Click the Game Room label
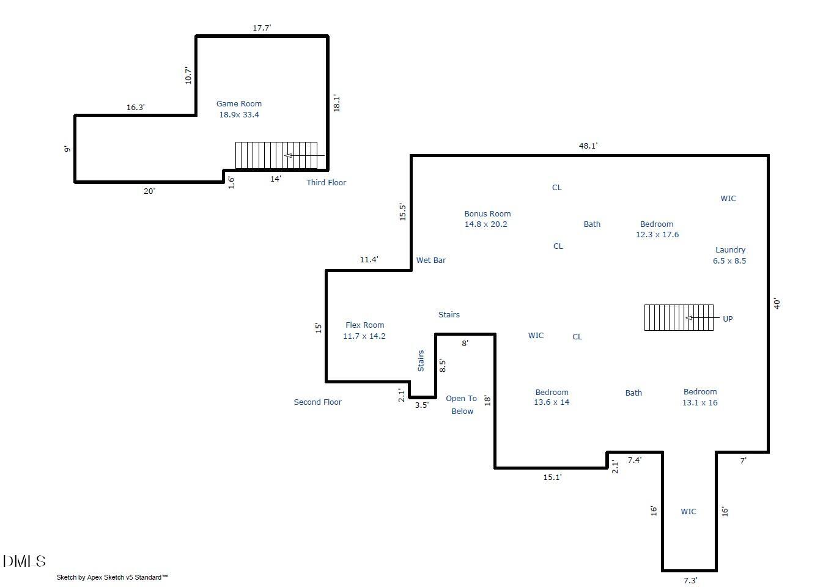[x=239, y=109]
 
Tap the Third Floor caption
[x=326, y=182]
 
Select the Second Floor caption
[x=317, y=402]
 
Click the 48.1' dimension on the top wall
[x=588, y=146]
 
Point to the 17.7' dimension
[x=262, y=28]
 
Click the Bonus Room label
[x=487, y=219]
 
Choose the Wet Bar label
[x=431, y=260]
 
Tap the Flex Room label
[x=364, y=330]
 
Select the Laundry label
[x=729, y=255]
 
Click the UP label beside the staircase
[x=728, y=319]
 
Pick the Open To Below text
[x=462, y=405]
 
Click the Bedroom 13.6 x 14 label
[x=552, y=397]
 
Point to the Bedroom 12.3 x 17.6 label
[x=657, y=229]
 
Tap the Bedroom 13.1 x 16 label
[x=700, y=397]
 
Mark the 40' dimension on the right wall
[x=777, y=303]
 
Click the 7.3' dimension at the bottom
[x=690, y=580]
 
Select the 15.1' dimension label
[x=552, y=477]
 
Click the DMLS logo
[x=24, y=561]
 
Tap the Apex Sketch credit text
[x=112, y=577]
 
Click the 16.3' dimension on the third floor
[x=135, y=107]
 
